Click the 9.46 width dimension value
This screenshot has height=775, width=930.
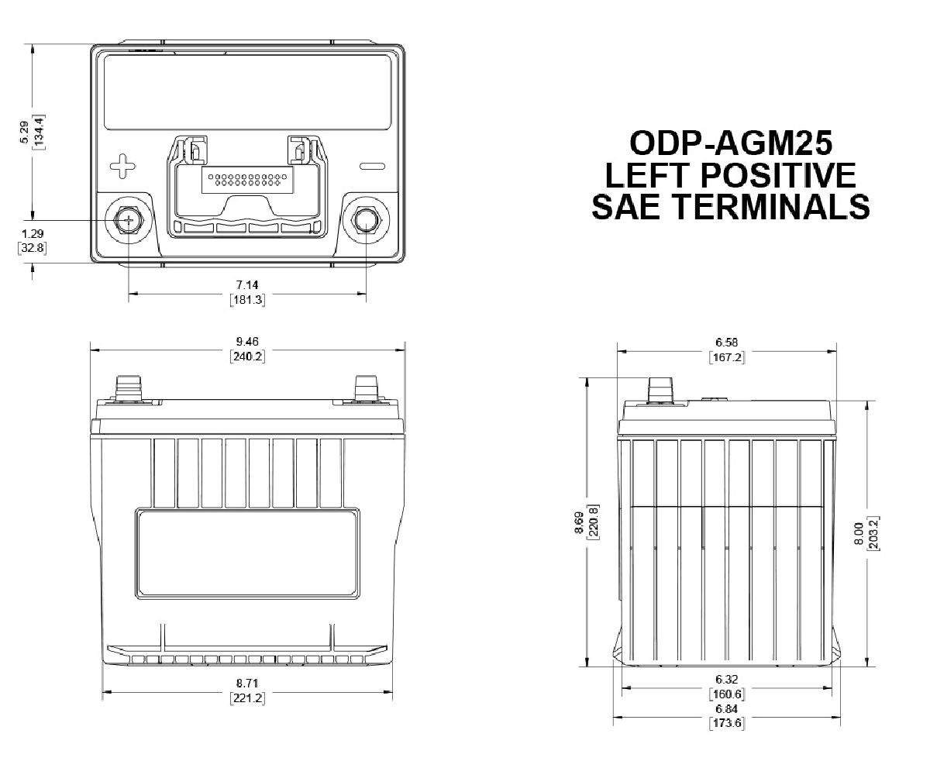coord(247,342)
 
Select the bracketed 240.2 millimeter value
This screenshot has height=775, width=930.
coord(247,356)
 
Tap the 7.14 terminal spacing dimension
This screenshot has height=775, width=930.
coord(247,285)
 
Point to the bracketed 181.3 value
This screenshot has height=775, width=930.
coord(247,300)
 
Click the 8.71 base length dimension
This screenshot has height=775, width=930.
coord(247,683)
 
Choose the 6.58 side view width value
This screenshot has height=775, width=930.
coord(726,342)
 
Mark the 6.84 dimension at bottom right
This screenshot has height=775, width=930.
coord(726,710)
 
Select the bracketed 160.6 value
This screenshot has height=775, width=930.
coord(726,693)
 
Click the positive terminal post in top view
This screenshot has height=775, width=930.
coord(127,220)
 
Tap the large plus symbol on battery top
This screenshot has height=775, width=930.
coord(122,165)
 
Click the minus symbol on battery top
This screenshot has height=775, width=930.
coord(372,166)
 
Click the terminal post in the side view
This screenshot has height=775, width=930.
coord(660,391)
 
